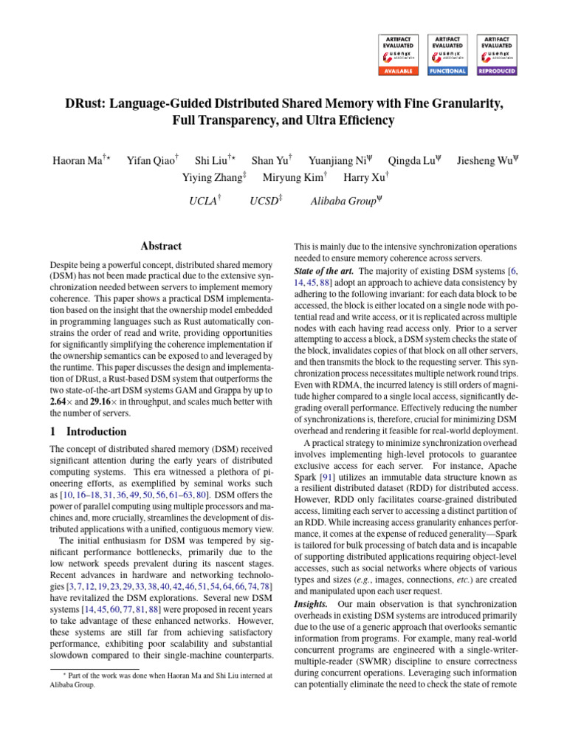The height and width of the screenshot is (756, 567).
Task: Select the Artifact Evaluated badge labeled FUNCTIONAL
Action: click(x=447, y=54)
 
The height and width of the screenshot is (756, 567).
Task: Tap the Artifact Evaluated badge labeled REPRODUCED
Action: click(x=498, y=54)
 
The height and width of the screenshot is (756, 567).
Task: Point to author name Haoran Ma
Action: click(x=77, y=160)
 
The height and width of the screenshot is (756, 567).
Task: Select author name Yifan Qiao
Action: click(x=151, y=160)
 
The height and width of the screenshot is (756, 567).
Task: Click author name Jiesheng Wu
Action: click(x=483, y=160)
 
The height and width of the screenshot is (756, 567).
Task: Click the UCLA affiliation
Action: click(x=203, y=200)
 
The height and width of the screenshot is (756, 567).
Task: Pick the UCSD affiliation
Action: click(x=265, y=200)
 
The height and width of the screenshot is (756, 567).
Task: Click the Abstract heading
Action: click(x=161, y=247)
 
